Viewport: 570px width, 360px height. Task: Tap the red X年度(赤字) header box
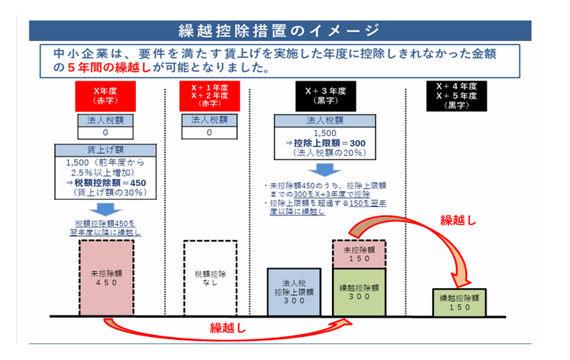point(106,96)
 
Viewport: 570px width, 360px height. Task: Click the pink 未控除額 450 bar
point(106,277)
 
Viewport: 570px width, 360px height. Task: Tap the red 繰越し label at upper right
point(457,220)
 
